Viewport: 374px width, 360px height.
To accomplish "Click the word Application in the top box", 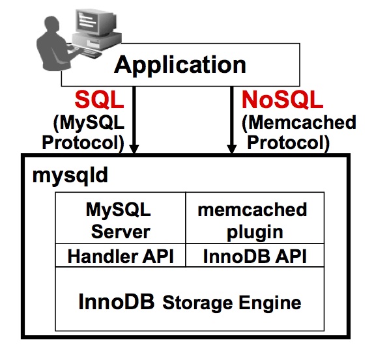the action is (180, 65).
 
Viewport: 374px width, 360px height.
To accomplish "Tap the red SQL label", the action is (99, 100).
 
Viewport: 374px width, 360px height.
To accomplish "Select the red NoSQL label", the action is (282, 100).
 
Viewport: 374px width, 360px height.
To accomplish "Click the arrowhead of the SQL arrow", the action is (134, 148).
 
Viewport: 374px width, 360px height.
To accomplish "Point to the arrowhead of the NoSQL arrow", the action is (231, 148).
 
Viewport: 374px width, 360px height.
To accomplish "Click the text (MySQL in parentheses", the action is (89, 124).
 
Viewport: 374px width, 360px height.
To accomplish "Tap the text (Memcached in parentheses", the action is (299, 123).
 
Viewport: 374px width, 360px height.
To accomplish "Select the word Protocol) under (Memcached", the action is (289, 143).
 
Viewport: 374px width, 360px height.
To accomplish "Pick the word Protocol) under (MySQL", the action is (83, 143).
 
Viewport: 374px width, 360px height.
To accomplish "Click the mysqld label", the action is (70, 175).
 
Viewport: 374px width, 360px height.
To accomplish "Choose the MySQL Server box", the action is (121, 218).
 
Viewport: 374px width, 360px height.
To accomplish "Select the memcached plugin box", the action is (255, 218).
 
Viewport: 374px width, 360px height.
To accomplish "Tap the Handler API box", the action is (121, 255).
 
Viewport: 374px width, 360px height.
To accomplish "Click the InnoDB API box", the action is (255, 255).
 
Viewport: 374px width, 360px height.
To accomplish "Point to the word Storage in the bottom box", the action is (197, 303).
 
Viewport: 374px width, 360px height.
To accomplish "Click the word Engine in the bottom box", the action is (270, 303).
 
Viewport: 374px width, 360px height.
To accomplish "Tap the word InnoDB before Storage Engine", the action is (117, 301).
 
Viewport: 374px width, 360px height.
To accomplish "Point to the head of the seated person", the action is (51, 25).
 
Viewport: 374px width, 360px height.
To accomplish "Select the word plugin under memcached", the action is (255, 232).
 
